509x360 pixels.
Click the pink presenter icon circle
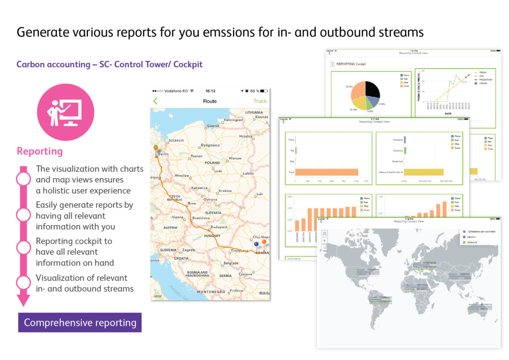[x=66, y=112]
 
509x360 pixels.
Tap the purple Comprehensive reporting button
[x=80, y=323]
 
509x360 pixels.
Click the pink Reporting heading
[x=40, y=151]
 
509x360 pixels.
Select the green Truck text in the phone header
[x=260, y=101]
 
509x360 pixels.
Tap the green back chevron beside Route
[x=156, y=101]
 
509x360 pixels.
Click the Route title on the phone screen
[x=210, y=101]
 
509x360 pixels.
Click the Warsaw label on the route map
[x=235, y=158]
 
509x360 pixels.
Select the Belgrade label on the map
[x=231, y=263]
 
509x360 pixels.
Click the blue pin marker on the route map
[x=256, y=244]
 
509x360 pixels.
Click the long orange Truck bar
[x=327, y=172]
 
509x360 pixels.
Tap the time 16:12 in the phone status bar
[x=210, y=91]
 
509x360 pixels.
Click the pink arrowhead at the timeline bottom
[x=23, y=300]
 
